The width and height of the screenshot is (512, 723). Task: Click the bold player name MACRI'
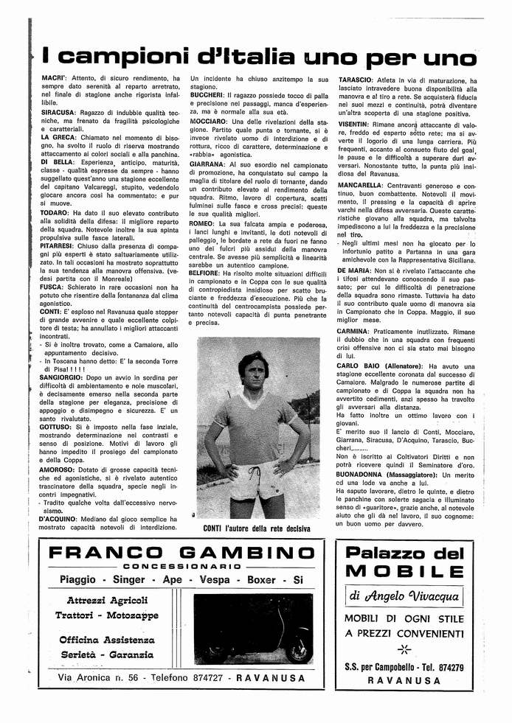pyautogui.click(x=53, y=79)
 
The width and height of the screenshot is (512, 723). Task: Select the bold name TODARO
pyautogui.click(x=56, y=212)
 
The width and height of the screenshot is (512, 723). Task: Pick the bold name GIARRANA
pyautogui.click(x=208, y=165)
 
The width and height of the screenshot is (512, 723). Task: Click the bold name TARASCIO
pyautogui.click(x=356, y=79)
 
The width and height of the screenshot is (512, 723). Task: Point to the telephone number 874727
pyautogui.click(x=198, y=676)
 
